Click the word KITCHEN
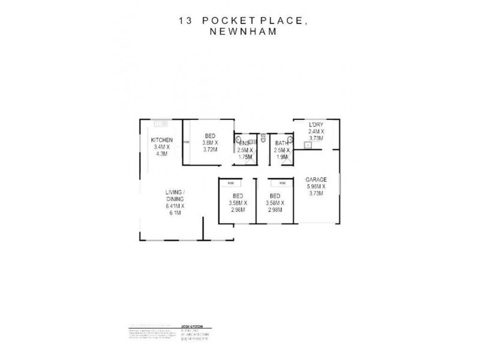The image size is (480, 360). [x=161, y=140]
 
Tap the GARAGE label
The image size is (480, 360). [x=316, y=179]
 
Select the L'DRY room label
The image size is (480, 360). [x=316, y=125]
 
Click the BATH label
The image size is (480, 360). [x=281, y=143]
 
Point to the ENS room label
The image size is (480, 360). [x=244, y=143]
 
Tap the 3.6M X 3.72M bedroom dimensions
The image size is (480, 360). [x=210, y=146]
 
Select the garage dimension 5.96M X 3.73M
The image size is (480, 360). [x=315, y=190]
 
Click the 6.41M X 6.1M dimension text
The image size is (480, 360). [x=175, y=209]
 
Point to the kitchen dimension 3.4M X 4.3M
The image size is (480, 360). [x=161, y=151]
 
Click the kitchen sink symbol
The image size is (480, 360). [x=160, y=124]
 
